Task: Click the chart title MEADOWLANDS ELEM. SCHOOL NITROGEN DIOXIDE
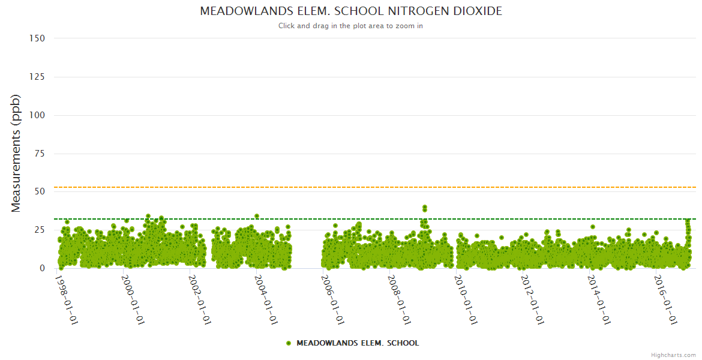pyautogui.click(x=351, y=11)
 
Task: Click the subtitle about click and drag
pyautogui.click(x=351, y=26)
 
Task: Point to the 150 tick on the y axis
pyautogui.click(x=37, y=38)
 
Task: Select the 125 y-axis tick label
pyautogui.click(x=37, y=77)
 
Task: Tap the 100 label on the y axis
pyautogui.click(x=37, y=115)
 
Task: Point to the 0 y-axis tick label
pyautogui.click(x=42, y=268)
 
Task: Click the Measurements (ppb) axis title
pyautogui.click(x=16, y=153)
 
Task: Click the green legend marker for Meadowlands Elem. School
pyautogui.click(x=289, y=343)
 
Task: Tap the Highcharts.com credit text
pyautogui.click(x=673, y=355)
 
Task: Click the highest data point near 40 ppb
pyautogui.click(x=424, y=208)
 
